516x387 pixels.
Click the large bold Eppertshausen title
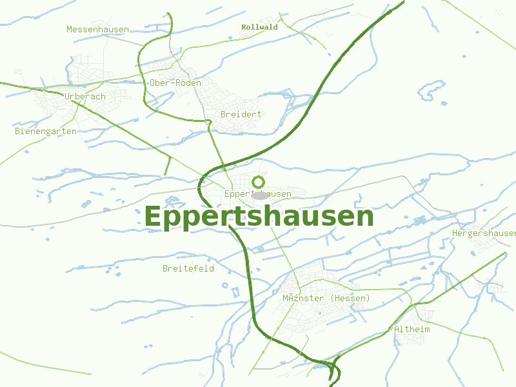coord(259,217)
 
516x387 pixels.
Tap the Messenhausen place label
coord(97,30)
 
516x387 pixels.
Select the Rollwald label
coord(259,27)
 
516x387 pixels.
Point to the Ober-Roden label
coord(175,83)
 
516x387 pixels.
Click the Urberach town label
coord(85,97)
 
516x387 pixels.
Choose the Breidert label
coord(241,114)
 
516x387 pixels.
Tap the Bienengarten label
coord(45,132)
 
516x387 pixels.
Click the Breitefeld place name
coord(188,268)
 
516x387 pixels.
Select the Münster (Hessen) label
coord(326,299)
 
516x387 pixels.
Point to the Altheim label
coord(412,329)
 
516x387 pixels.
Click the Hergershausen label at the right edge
coord(484,233)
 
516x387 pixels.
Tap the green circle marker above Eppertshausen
coord(258,182)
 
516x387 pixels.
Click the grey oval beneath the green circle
coord(259,195)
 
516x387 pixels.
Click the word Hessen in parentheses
coord(350,299)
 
